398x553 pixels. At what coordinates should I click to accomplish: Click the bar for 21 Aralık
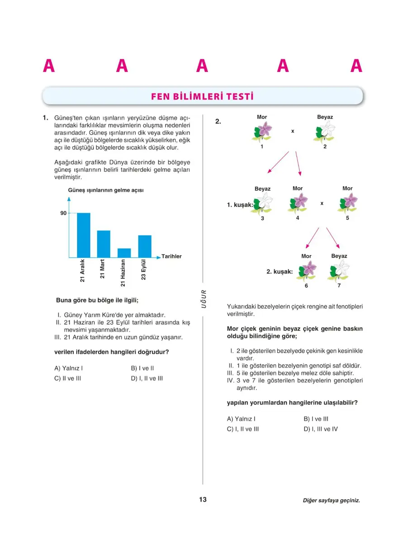coord(83,235)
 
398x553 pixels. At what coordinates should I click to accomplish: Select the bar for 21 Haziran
coord(124,253)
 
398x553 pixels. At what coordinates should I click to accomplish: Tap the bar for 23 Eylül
coord(145,246)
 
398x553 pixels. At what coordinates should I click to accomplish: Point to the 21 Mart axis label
coord(103,269)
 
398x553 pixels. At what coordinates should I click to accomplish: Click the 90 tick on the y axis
coord(63,213)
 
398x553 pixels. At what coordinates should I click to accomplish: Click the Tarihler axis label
coord(171,256)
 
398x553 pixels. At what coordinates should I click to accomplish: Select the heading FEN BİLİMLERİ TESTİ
coord(202,97)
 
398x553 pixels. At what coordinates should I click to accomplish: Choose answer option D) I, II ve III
coord(147,378)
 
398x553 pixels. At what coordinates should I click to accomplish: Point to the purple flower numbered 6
coord(307,270)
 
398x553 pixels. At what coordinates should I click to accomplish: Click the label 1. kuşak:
coord(240,205)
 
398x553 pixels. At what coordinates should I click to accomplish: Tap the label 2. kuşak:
coord(279,272)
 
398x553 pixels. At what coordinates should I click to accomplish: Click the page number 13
coord(203,500)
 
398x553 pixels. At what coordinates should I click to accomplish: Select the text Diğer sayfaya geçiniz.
coord(331,501)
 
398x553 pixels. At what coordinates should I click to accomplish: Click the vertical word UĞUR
coord(204,299)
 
